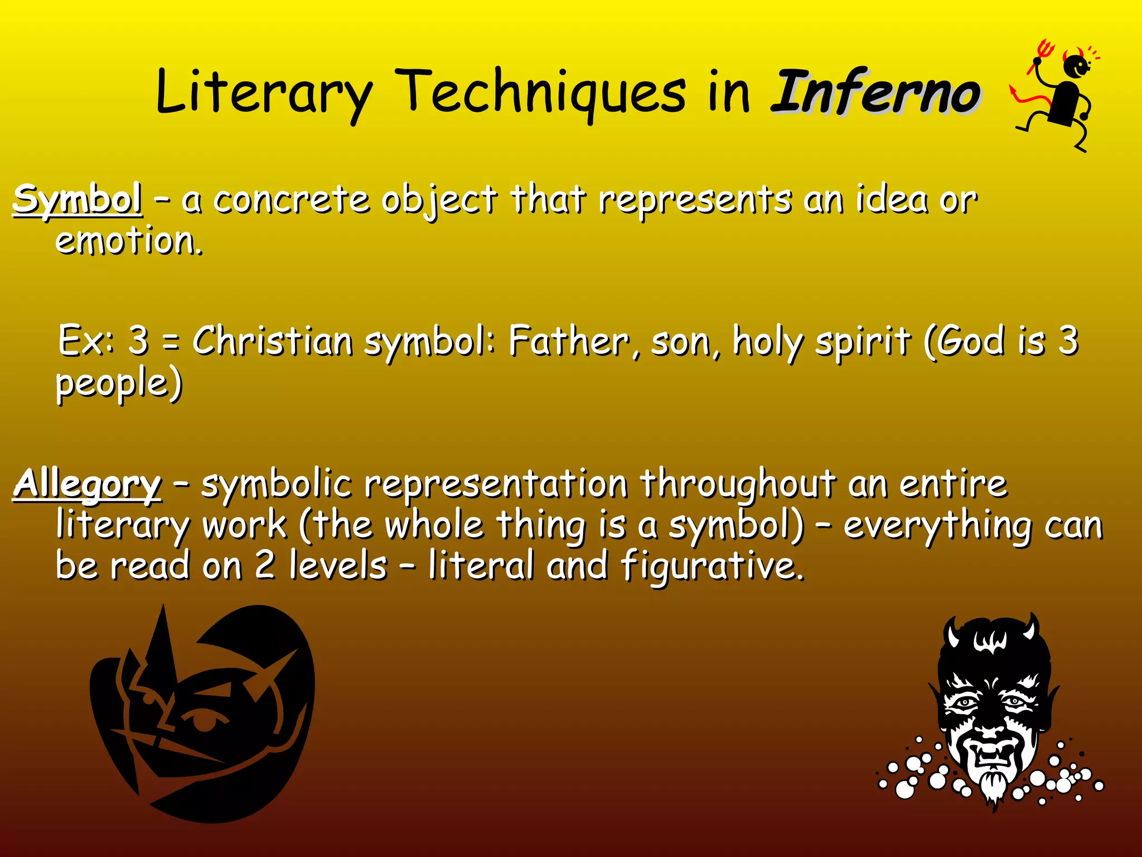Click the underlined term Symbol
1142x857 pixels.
(78, 200)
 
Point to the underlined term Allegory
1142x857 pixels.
(88, 484)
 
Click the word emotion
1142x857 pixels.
(129, 241)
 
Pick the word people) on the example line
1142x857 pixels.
(119, 384)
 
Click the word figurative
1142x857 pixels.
(713, 566)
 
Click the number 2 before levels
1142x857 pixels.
(265, 566)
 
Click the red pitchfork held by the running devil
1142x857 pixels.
(1039, 56)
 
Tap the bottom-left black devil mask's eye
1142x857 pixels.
(205, 721)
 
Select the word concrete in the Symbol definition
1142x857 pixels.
(292, 200)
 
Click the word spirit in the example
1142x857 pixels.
(862, 341)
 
